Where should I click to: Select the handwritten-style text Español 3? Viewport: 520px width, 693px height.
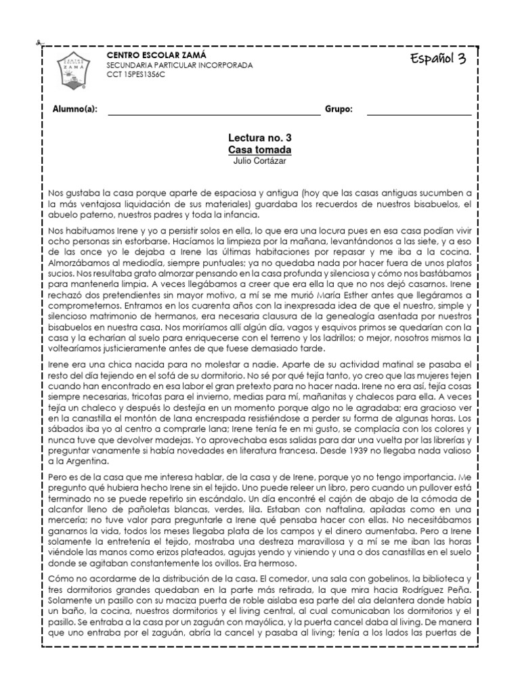tap(438, 60)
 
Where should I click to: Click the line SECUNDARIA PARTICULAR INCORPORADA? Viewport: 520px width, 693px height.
tap(180, 65)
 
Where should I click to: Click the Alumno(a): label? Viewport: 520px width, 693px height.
tap(75, 110)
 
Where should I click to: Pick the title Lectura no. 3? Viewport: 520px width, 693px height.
tap(260, 137)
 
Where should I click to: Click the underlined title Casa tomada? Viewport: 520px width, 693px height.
tap(260, 149)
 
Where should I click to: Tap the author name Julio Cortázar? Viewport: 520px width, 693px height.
tap(260, 160)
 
